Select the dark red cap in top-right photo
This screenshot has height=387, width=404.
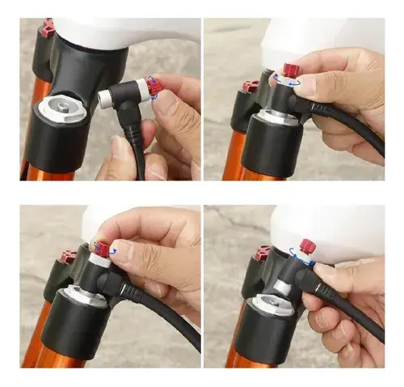pos(251,85)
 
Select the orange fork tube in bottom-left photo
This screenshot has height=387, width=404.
pos(36,340)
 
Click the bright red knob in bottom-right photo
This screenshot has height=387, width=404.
pos(307,245)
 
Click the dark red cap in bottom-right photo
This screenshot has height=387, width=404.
pos(261,253)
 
